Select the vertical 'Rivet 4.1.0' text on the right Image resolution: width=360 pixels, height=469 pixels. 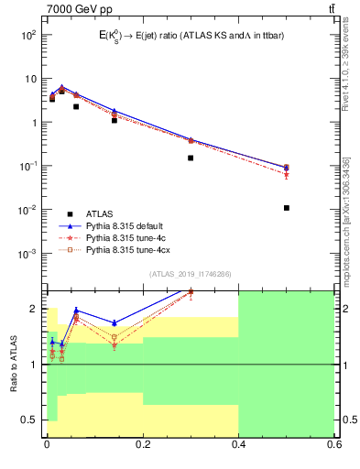coord(345,73)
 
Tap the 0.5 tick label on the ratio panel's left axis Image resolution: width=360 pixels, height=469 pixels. coord(31,420)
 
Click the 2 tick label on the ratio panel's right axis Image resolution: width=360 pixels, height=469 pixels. coord(341,309)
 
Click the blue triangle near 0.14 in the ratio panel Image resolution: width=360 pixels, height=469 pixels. coord(115,322)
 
